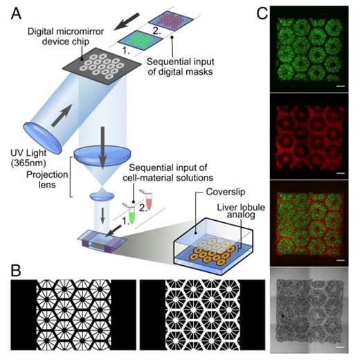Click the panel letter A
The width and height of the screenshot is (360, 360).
(x=16, y=14)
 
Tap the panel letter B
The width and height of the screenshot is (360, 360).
(x=16, y=271)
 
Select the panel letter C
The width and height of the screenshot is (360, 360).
(x=262, y=15)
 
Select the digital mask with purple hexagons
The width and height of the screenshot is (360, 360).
(x=171, y=21)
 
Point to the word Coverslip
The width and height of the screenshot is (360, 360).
(x=226, y=192)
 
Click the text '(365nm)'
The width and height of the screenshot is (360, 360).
(x=28, y=163)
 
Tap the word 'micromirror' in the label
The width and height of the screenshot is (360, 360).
(x=81, y=32)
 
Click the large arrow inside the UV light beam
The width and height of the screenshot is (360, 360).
(x=62, y=115)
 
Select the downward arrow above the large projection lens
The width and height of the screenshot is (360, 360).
(x=102, y=147)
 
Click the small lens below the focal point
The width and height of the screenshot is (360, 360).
(x=102, y=197)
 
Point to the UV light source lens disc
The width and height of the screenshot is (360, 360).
(x=42, y=138)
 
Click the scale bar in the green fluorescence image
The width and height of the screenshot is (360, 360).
(x=342, y=87)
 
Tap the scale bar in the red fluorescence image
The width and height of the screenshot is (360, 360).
(x=342, y=173)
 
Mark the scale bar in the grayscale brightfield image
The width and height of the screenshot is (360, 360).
(x=342, y=347)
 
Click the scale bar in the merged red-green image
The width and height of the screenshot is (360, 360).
(x=342, y=260)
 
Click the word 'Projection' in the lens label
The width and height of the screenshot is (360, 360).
(x=47, y=174)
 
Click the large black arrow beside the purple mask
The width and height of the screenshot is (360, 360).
(x=127, y=21)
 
